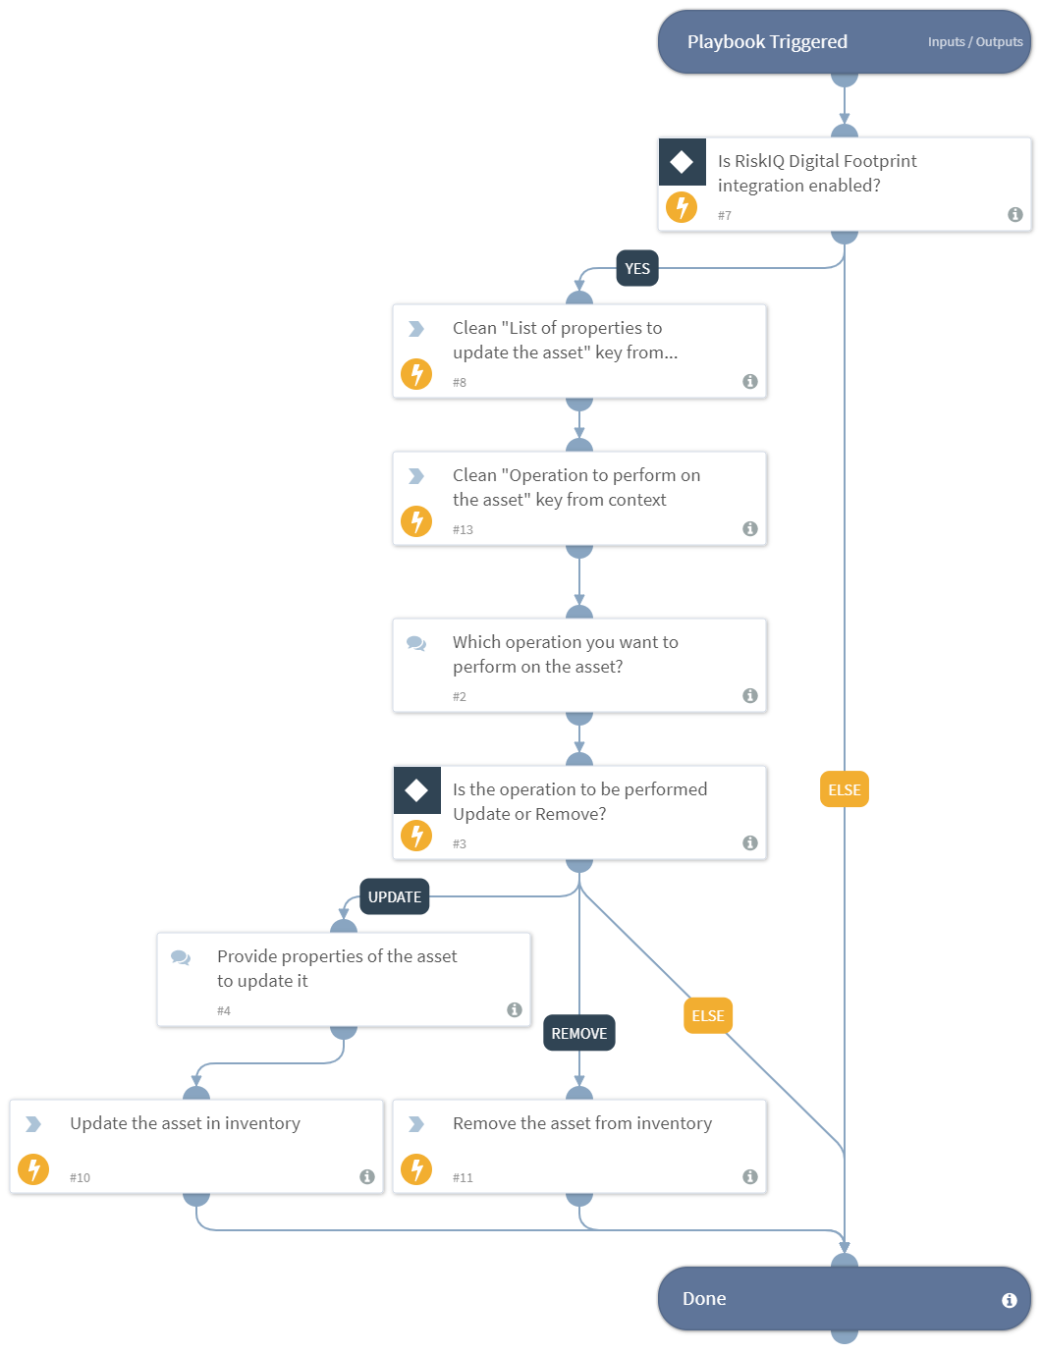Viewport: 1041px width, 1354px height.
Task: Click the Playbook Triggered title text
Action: [766, 42]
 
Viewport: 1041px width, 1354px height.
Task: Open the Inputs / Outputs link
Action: [974, 42]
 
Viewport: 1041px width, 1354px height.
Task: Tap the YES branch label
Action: [637, 269]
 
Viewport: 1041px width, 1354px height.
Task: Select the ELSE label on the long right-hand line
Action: [844, 789]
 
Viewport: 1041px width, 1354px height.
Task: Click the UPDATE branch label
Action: [394, 896]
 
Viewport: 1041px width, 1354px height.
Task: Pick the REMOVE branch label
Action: [578, 1033]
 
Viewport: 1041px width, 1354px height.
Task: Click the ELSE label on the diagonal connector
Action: [707, 1015]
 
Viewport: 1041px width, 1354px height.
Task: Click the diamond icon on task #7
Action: [682, 162]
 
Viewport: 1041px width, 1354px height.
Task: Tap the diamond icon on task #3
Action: [416, 790]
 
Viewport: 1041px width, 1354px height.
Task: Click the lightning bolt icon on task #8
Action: [416, 374]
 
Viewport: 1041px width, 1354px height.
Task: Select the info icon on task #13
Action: [750, 528]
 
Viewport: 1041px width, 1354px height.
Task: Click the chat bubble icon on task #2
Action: [416, 643]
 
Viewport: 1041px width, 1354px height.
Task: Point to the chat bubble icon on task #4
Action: [181, 957]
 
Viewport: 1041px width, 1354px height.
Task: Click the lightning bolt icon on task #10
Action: [33, 1169]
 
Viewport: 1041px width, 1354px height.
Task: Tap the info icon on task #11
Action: [750, 1176]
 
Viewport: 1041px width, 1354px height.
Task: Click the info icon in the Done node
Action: [1009, 1300]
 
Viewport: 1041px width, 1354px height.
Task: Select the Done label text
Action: [704, 1298]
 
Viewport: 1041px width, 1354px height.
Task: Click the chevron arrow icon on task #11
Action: [416, 1124]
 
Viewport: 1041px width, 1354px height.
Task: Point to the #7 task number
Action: [724, 216]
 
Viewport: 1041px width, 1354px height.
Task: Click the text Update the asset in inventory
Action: [185, 1123]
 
